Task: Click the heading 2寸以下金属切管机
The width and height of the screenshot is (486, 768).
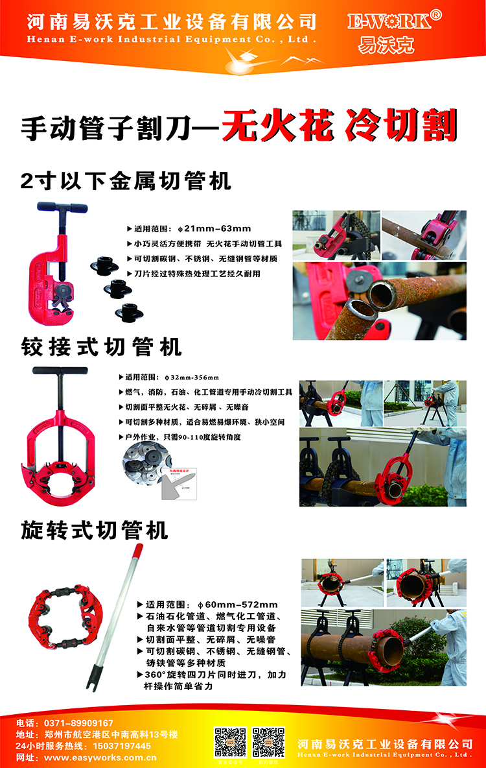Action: (126, 180)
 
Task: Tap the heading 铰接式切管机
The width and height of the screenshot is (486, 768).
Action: (102, 347)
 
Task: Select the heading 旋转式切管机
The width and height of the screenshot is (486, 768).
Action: (95, 530)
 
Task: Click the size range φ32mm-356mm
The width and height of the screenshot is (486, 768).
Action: (192, 377)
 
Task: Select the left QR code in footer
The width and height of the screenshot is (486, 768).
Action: (230, 742)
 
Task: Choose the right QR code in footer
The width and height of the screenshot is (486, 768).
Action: (268, 742)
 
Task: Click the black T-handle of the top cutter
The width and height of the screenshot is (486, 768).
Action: (62, 208)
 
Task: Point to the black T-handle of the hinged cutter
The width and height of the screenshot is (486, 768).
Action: (60, 372)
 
